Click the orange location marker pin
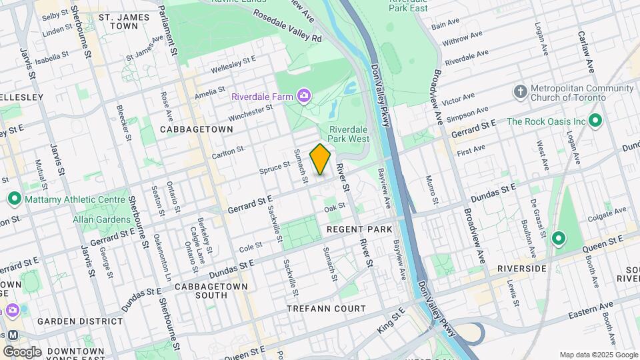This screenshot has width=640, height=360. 321,159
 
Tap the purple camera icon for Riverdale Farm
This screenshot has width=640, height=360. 304,97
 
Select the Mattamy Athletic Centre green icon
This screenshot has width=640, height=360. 14,199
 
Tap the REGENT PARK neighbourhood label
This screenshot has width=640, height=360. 359,229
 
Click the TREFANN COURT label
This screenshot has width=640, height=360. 326,309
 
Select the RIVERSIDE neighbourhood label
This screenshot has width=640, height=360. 521,269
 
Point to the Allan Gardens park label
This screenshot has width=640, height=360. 102,219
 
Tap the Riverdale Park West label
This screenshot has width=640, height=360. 349,134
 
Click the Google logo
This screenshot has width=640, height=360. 21,351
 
